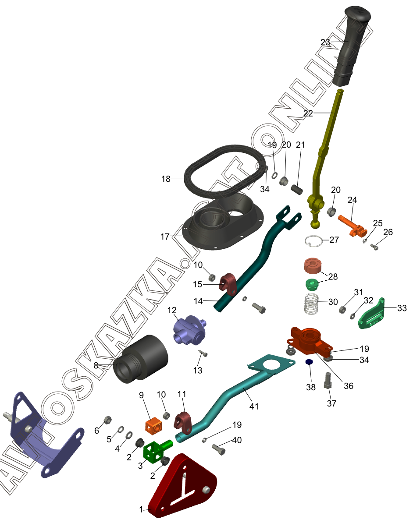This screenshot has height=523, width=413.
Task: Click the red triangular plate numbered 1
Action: coord(182,488)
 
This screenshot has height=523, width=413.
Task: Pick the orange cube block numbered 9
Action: coord(155,426)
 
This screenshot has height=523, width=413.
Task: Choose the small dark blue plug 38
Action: coord(309,362)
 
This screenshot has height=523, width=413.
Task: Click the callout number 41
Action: coord(254,406)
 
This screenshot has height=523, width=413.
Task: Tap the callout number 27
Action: coord(334,240)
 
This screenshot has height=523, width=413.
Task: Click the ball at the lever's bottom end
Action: coord(316,225)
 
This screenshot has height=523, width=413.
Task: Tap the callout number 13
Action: coord(198,370)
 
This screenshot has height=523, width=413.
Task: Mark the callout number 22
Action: coord(308,113)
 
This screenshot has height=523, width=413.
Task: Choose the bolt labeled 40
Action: coord(219,449)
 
